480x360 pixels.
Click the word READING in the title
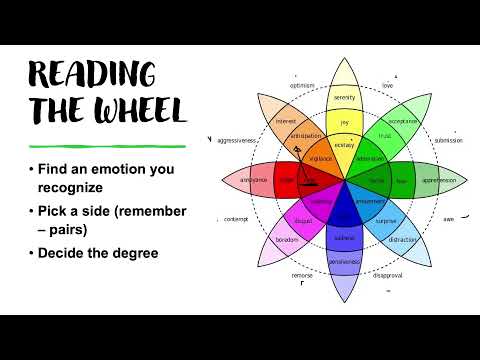click(x=91, y=74)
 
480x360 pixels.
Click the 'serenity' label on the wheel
click(x=345, y=98)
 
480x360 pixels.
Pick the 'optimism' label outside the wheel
click(x=303, y=86)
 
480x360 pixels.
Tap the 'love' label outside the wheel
click(x=388, y=86)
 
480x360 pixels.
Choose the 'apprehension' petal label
click(x=438, y=180)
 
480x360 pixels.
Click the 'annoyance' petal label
click(x=253, y=180)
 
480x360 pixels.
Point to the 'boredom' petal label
click(x=287, y=240)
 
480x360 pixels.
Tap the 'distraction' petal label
click(x=404, y=240)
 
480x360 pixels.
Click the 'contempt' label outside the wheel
click(x=236, y=219)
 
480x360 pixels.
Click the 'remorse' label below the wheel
click(x=301, y=275)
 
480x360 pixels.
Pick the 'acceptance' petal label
click(x=403, y=121)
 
